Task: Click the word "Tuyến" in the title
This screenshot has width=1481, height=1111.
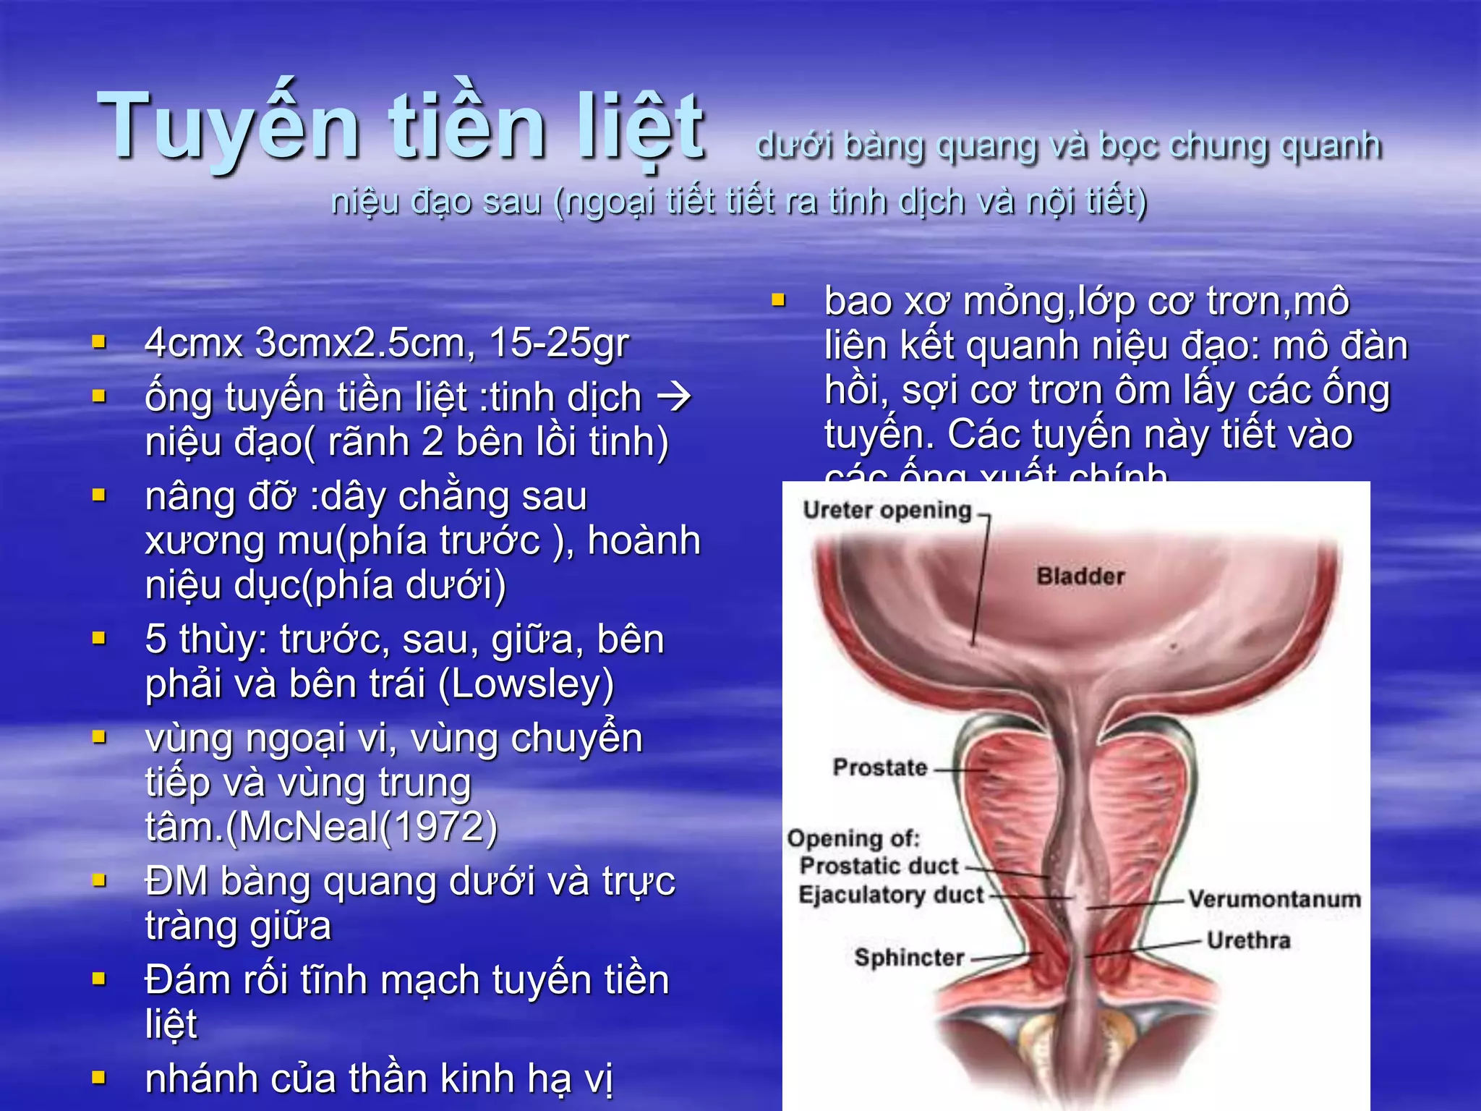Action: coord(228,127)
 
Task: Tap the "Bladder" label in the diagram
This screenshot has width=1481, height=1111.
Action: coord(1080,576)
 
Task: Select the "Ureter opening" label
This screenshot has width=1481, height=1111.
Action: coord(887,511)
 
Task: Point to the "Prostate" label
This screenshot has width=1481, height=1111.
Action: coord(879,767)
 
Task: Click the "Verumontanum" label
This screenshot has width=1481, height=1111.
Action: coord(1274,899)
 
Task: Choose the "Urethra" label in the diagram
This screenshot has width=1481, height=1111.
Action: coord(1248,940)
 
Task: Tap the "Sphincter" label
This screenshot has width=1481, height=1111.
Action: coord(909,958)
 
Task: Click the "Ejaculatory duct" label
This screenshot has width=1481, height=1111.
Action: coord(891,895)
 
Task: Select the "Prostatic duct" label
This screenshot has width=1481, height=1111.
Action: coord(879,866)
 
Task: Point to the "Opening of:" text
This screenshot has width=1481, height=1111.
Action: coord(853,838)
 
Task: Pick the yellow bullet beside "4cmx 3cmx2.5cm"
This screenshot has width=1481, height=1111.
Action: coord(100,341)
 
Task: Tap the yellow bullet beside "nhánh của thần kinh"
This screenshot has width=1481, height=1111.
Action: coord(100,1078)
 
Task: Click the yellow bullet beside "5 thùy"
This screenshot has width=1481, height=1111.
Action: coord(100,639)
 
